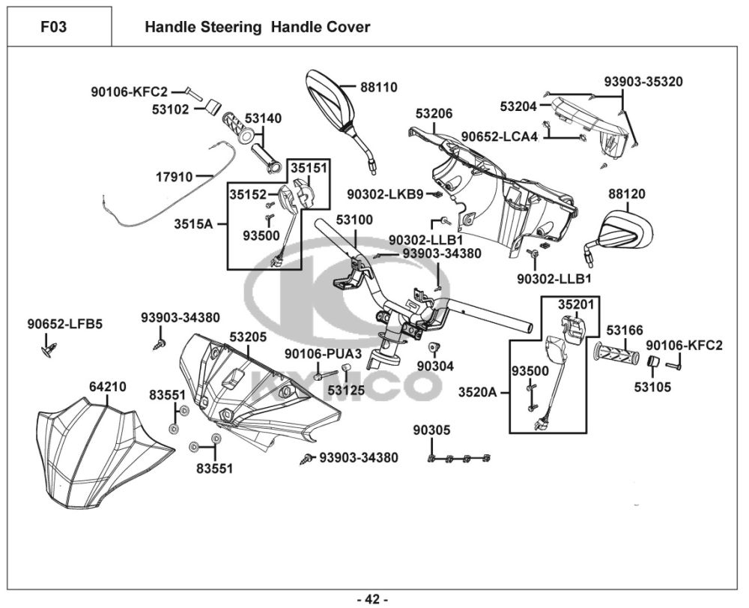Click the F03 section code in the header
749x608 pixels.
point(53,27)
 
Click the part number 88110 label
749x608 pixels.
point(379,88)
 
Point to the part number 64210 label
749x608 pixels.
point(108,387)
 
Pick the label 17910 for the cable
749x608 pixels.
point(175,178)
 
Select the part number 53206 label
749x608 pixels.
point(434,114)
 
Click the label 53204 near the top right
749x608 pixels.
point(518,106)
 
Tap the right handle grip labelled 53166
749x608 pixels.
point(616,353)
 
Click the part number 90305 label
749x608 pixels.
point(432,430)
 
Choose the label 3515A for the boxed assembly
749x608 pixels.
point(193,223)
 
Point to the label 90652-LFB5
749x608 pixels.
point(65,324)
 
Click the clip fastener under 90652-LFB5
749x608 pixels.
point(49,350)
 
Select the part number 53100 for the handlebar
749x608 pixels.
point(354,220)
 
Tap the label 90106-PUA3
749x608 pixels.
point(324,354)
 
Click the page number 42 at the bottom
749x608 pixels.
point(372,599)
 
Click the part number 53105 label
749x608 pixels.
point(652,387)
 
